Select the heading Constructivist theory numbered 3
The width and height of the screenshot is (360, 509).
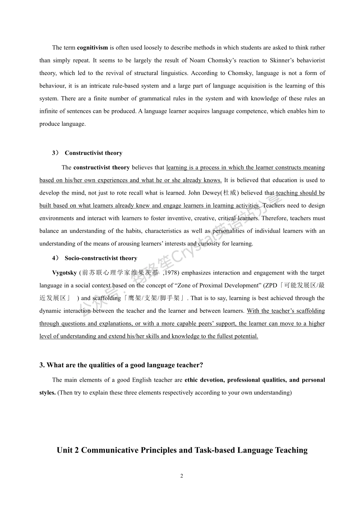tap(93, 153)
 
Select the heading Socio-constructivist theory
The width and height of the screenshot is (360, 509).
tap(101, 258)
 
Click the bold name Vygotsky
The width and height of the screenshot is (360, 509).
tap(64, 273)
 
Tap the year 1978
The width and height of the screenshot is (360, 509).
tap(172, 273)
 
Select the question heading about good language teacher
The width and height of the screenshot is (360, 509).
tap(121, 365)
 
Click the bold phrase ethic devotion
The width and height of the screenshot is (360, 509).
tap(204, 380)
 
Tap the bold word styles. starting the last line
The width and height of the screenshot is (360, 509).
tap(47, 393)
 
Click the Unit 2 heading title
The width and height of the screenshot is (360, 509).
tap(182, 450)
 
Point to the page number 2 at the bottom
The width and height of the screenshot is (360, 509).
tap(182, 476)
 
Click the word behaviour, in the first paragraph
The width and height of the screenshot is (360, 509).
tap(52, 86)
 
